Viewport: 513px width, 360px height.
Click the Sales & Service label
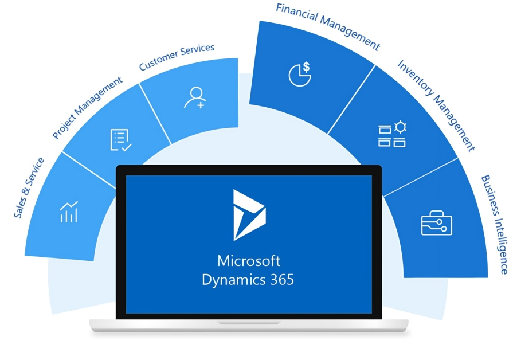click(x=29, y=187)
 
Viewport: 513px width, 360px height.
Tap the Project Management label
click(x=87, y=108)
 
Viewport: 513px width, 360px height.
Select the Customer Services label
click(x=177, y=57)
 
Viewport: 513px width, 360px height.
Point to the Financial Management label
click(x=328, y=26)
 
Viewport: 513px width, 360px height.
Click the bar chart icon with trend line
click(x=69, y=212)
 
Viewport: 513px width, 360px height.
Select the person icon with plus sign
click(x=195, y=97)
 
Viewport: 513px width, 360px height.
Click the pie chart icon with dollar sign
click(x=300, y=74)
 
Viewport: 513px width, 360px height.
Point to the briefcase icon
click(x=436, y=223)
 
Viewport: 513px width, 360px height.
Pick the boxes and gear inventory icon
click(x=392, y=134)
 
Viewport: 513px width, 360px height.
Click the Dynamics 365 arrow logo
click(x=249, y=215)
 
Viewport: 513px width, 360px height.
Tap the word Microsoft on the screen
click(x=249, y=261)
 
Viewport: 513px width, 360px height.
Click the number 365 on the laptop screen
click(x=282, y=280)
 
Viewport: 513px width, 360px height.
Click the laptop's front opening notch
click(x=249, y=323)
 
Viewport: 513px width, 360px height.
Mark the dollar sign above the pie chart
click(x=306, y=66)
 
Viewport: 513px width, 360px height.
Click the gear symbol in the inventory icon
click(x=401, y=127)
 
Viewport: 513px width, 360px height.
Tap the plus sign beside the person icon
click(x=201, y=105)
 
